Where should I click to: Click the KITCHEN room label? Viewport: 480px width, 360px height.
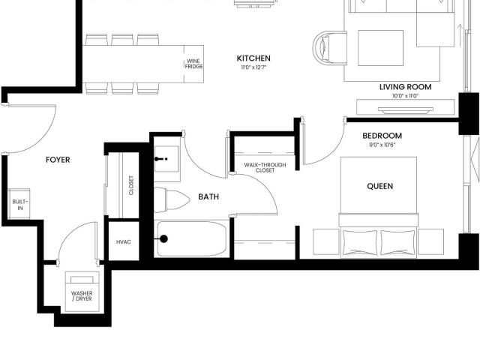tap(253, 58)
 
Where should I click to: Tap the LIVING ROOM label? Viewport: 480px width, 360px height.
tap(405, 87)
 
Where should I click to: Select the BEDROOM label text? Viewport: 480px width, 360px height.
tap(382, 136)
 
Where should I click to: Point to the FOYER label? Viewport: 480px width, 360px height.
tap(58, 160)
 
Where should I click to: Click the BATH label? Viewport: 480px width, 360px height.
tap(208, 196)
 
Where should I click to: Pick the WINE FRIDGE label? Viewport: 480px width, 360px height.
tap(193, 64)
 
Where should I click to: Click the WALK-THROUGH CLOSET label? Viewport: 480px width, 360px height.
tap(265, 167)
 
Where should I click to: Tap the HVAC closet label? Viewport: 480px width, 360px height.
tap(124, 241)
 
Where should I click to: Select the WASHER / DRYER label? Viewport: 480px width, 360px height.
tap(82, 296)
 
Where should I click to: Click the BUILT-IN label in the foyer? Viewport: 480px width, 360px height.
tap(20, 205)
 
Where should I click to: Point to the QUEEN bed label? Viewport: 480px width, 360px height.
tap(380, 186)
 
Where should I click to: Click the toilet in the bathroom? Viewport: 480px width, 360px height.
tap(171, 199)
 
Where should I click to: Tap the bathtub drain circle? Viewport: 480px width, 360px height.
tap(163, 238)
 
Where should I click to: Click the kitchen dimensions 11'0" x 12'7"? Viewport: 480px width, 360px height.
tap(253, 67)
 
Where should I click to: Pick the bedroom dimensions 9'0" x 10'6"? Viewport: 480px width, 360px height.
tap(382, 145)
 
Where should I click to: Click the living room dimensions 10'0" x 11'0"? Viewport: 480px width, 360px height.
tap(405, 96)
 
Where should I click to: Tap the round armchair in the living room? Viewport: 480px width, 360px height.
tap(329, 47)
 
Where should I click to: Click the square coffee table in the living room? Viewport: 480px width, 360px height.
tap(380, 48)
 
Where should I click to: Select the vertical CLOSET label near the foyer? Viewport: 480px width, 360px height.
tap(131, 185)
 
